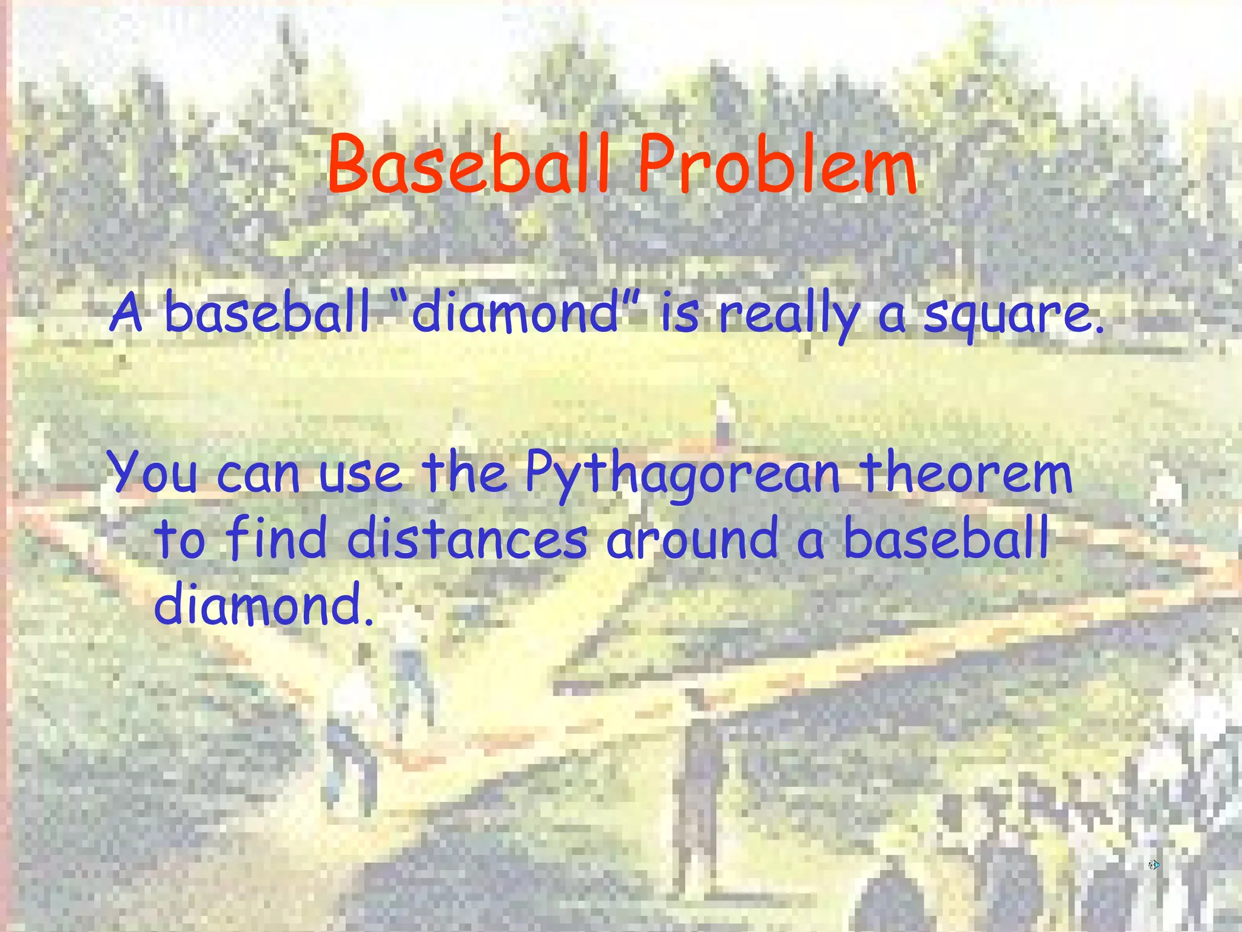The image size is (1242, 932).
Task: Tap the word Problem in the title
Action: [x=777, y=165]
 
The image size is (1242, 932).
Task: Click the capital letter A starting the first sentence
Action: [x=126, y=312]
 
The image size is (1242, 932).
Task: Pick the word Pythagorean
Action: [x=683, y=475]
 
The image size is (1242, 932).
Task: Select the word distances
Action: [x=467, y=539]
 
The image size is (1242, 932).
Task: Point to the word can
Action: [x=258, y=474]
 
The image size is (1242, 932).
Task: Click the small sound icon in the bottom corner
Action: [x=1153, y=865]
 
